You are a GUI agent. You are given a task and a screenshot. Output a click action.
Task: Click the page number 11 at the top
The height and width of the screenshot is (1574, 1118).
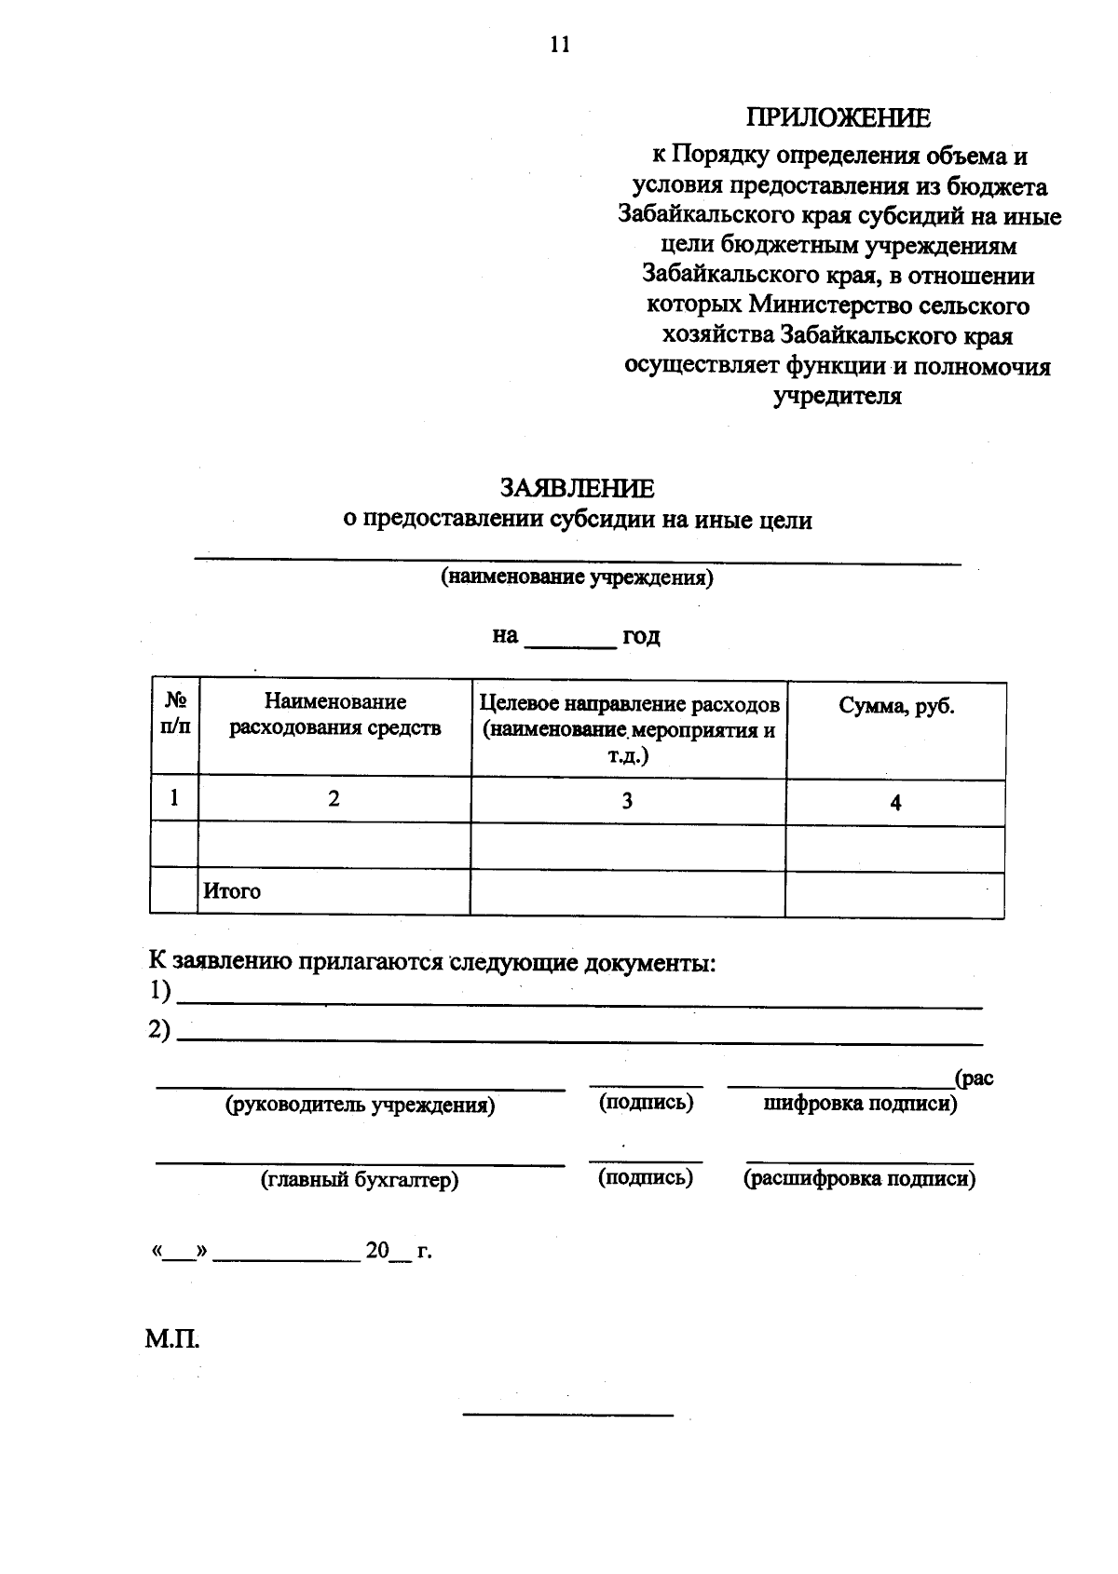559,45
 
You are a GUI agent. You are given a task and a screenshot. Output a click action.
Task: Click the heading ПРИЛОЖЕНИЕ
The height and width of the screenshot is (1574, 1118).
838,118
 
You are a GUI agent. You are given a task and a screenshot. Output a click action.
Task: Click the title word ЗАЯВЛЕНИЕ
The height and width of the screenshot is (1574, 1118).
577,488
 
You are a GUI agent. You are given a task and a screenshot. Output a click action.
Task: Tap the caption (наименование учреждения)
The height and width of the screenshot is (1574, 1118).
577,577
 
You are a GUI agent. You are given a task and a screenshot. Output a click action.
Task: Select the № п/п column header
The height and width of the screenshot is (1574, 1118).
174,713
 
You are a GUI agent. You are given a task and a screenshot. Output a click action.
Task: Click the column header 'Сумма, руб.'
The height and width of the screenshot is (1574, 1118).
896,706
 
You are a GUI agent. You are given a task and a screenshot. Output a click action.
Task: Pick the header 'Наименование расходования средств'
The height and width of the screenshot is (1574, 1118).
334,714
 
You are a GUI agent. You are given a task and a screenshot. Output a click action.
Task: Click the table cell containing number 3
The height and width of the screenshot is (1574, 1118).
627,800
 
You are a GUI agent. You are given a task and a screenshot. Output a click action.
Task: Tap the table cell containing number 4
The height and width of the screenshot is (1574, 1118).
895,803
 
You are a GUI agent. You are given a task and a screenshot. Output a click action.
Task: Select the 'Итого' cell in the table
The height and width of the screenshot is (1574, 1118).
233,891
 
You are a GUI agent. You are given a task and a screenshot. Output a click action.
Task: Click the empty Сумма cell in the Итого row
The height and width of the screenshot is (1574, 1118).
894,894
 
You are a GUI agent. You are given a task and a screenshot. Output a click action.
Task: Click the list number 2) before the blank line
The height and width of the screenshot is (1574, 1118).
159,1030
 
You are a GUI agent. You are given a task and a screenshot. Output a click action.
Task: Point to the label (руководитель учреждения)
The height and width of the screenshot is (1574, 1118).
360,1106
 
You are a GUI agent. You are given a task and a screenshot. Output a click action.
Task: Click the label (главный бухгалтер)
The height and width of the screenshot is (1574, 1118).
360,1180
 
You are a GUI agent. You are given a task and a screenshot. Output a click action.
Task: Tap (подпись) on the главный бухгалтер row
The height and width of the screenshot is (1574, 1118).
645,1177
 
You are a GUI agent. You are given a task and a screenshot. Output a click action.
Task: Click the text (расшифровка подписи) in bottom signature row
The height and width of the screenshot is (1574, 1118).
859,1179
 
